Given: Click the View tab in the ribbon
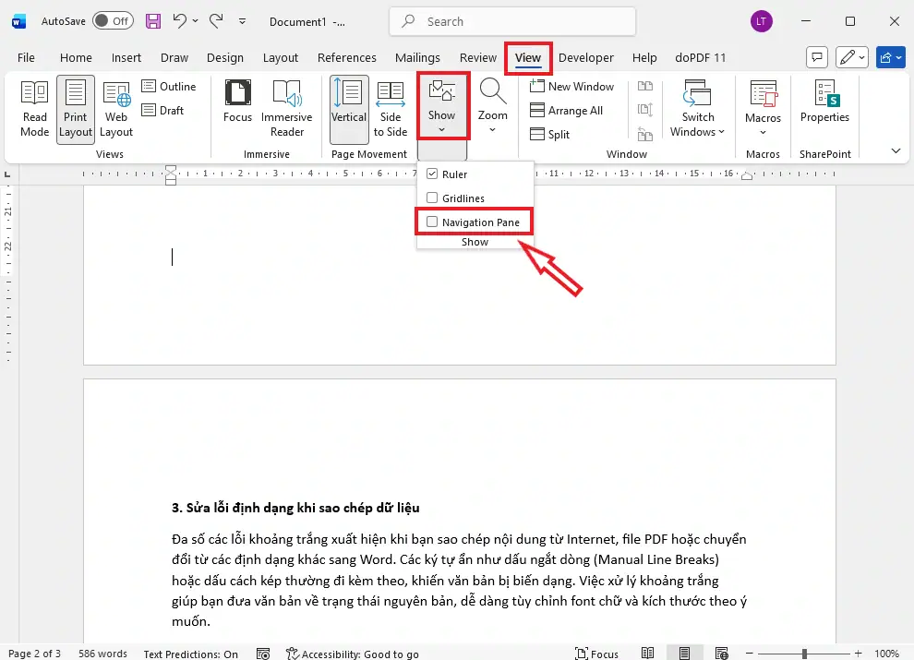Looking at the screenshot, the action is point(527,58).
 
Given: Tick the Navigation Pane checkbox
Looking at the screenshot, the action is point(432,222).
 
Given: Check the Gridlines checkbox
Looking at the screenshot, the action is point(432,198).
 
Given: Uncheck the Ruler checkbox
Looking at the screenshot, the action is point(432,174).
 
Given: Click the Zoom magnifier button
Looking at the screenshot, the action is point(493,105).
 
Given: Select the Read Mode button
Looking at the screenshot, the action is point(34,109).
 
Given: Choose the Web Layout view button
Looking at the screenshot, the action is point(116,109).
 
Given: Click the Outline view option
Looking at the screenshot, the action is point(169,86).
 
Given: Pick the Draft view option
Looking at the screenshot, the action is point(163,110).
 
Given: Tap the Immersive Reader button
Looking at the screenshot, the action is point(287,109).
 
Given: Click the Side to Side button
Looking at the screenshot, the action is point(390,109).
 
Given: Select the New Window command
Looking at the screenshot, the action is point(571,86).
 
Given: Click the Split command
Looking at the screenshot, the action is point(549,134).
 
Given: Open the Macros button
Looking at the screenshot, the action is point(763,109).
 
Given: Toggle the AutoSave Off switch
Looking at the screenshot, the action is point(113,21).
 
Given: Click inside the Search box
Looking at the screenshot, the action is point(512,21).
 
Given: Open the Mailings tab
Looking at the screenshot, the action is point(417,58).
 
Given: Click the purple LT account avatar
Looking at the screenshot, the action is point(762,21).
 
